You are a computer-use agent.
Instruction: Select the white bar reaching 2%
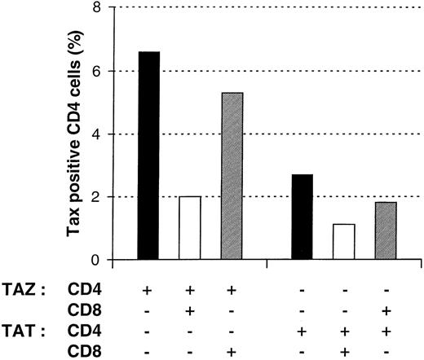[x=189, y=229]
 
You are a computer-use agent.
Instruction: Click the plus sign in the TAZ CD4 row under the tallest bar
[x=148, y=290]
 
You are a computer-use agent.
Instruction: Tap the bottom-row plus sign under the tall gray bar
[x=231, y=352]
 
